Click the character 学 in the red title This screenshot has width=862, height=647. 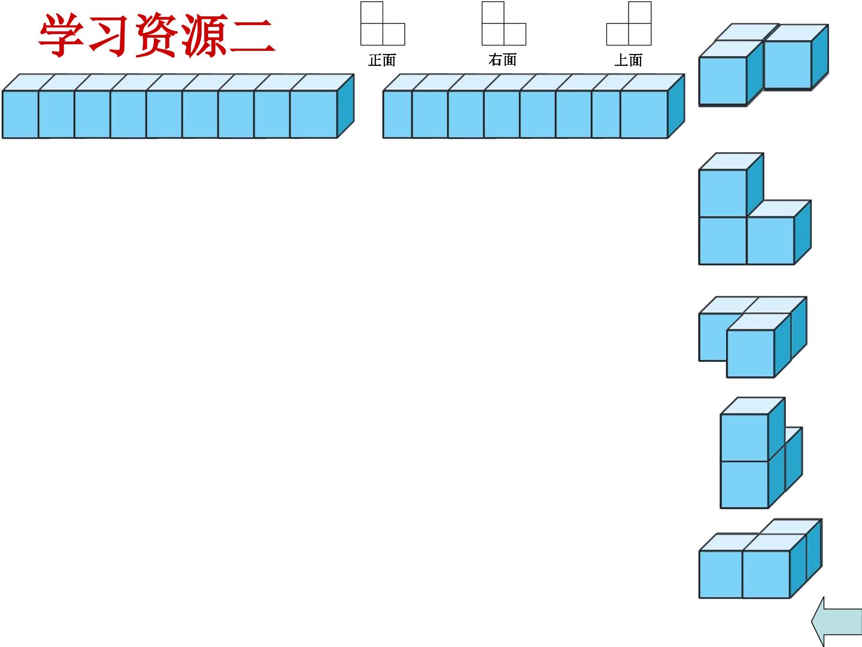(x=62, y=36)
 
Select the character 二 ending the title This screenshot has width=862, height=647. (x=252, y=36)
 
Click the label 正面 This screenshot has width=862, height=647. (x=382, y=60)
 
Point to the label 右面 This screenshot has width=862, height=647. (x=503, y=60)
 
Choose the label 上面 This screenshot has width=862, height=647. (x=629, y=60)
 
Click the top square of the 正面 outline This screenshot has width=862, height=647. (x=372, y=13)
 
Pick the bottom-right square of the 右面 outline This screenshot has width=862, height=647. (x=515, y=34)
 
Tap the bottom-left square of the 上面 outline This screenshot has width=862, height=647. (x=618, y=34)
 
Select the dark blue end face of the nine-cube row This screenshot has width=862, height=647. (x=345, y=106)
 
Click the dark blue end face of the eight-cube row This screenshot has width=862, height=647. (x=676, y=106)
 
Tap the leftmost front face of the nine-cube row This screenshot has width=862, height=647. (x=20, y=114)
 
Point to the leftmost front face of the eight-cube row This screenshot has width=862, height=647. (x=397, y=114)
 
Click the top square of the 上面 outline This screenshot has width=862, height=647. (x=640, y=13)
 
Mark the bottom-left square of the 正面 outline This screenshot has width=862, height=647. (x=372, y=34)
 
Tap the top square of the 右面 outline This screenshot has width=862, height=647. (x=493, y=13)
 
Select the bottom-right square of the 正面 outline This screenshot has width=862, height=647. (x=394, y=34)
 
